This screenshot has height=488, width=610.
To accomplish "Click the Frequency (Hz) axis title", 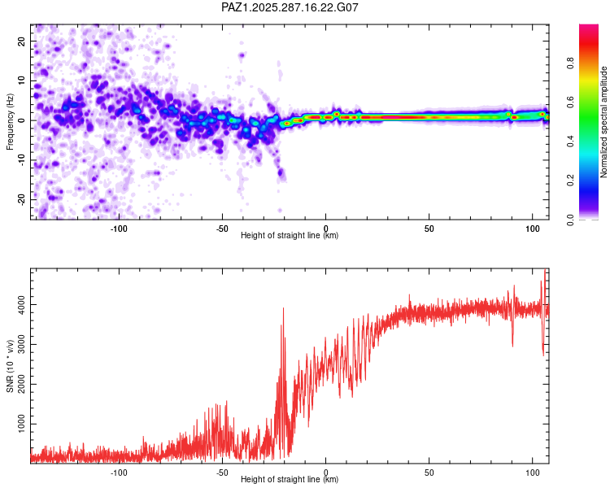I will (x=11, y=121).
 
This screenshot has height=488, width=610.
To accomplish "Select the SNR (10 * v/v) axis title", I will (x=11, y=364).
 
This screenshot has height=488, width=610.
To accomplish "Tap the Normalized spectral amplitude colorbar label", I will (x=604, y=123).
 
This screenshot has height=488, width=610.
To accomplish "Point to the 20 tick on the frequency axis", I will (x=22, y=41).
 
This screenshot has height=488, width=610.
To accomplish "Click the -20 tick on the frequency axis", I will (x=20, y=198).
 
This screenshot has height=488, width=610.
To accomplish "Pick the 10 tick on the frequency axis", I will (x=22, y=81).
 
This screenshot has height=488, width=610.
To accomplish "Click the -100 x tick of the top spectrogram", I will (x=120, y=228).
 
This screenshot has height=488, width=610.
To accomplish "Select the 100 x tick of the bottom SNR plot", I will (x=532, y=472).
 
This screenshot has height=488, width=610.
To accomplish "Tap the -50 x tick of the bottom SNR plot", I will (x=223, y=472).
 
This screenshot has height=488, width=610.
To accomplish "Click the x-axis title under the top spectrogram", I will (x=290, y=236).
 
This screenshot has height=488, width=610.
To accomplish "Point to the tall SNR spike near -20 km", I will (x=283, y=309).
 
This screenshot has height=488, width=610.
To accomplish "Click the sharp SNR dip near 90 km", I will (x=512, y=345).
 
